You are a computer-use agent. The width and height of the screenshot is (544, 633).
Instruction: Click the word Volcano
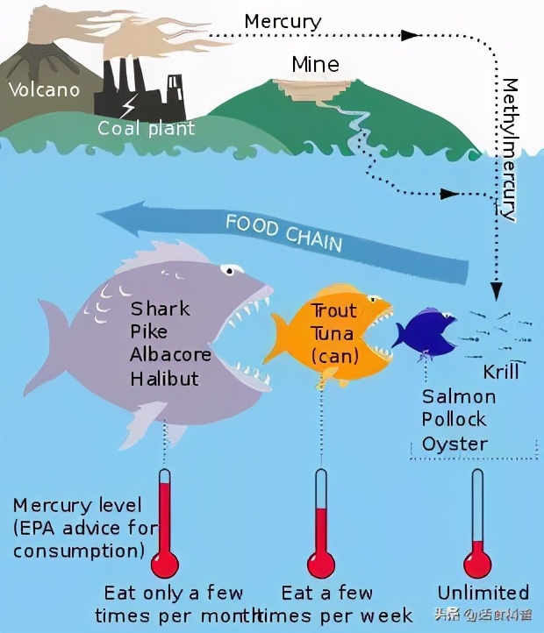(x=44, y=89)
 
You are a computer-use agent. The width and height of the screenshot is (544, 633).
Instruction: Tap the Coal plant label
(x=147, y=129)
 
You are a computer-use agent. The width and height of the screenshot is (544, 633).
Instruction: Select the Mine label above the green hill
(x=315, y=64)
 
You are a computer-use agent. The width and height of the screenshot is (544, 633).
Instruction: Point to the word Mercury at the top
(x=283, y=21)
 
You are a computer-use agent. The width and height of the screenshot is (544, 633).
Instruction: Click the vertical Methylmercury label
(x=509, y=149)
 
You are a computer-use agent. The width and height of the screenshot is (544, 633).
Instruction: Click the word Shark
(x=161, y=309)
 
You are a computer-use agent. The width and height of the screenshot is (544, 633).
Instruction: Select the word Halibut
(x=164, y=379)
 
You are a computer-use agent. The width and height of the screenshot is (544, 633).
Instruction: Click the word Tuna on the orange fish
(x=333, y=334)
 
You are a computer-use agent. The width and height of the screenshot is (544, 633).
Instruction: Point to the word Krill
(x=501, y=372)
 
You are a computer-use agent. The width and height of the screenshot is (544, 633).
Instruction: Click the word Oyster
(x=455, y=444)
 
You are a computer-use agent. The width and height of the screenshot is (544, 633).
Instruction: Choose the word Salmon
(x=459, y=396)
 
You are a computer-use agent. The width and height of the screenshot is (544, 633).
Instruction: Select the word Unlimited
(x=483, y=593)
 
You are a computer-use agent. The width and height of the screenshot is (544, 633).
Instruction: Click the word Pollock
(x=455, y=420)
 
